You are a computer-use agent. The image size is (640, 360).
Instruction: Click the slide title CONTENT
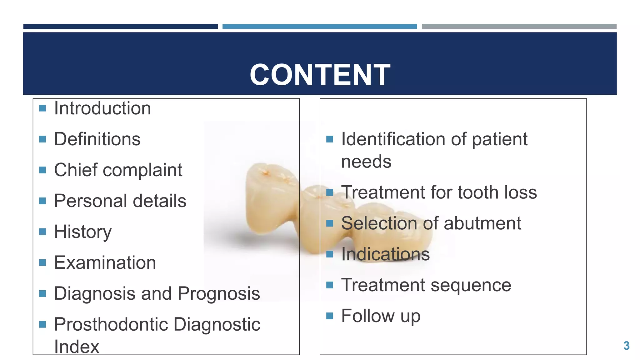pyautogui.click(x=320, y=75)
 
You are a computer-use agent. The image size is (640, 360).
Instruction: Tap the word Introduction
pyautogui.click(x=102, y=108)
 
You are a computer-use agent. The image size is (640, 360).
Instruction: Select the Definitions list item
pyautogui.click(x=97, y=139)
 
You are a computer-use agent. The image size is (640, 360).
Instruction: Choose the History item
pyautogui.click(x=83, y=232)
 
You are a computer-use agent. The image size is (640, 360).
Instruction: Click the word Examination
pyautogui.click(x=105, y=262)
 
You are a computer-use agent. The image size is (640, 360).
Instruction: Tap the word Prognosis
pyautogui.click(x=219, y=294)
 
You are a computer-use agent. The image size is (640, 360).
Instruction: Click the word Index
pyautogui.click(x=77, y=347)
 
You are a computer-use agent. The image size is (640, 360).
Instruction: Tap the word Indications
pyautogui.click(x=385, y=254)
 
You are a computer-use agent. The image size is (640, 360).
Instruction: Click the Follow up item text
pyautogui.click(x=381, y=316)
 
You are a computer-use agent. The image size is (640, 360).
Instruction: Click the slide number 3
pyautogui.click(x=626, y=346)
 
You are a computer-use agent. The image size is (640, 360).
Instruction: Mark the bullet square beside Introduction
pyautogui.click(x=42, y=108)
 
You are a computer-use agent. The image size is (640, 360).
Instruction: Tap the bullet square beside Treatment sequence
pyautogui.click(x=330, y=285)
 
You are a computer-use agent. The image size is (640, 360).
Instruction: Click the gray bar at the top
pyautogui.click(x=519, y=27)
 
